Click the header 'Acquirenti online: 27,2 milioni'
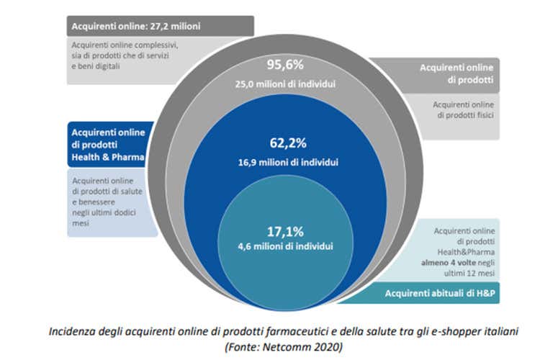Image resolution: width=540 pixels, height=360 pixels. (x=136, y=26)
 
